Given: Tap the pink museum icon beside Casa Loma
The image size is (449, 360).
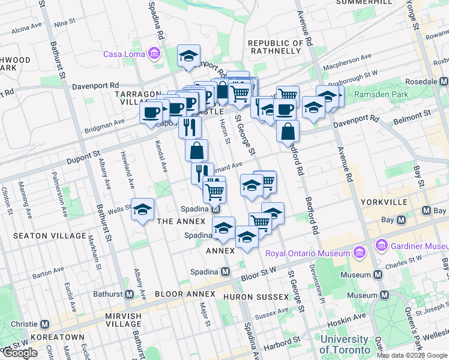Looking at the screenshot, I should click(x=155, y=54).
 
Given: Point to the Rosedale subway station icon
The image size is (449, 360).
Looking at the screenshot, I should click(x=444, y=81).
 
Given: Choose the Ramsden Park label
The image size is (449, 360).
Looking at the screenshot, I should click(x=381, y=94).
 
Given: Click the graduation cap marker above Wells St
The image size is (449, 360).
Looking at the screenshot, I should click(x=143, y=210).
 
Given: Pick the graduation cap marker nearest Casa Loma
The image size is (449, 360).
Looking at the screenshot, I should click(x=188, y=57).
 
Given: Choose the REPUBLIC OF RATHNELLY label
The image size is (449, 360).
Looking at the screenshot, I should click(x=276, y=47).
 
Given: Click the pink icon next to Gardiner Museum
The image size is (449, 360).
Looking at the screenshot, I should click(x=381, y=245).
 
